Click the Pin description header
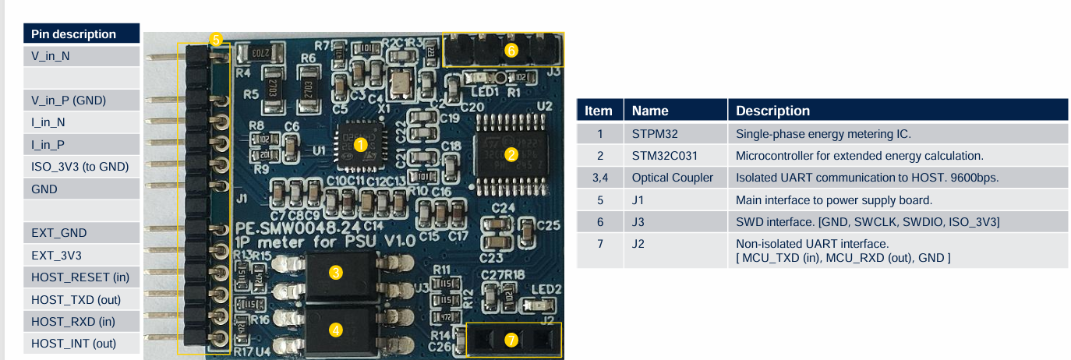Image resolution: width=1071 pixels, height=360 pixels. (73, 34)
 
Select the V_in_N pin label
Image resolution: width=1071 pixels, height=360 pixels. (51, 56)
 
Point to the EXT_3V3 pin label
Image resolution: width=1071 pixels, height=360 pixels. (56, 255)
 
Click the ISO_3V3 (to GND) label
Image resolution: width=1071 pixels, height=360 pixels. (80, 166)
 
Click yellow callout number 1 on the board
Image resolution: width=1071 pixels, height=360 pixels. (360, 144)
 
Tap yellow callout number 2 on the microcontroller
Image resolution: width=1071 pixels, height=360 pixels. (511, 154)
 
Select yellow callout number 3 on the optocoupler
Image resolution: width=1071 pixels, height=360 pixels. (336, 272)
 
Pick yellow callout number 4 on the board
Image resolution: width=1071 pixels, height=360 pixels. (336, 330)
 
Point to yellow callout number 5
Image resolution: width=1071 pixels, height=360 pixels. (216, 39)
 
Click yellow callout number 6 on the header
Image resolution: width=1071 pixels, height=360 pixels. (511, 50)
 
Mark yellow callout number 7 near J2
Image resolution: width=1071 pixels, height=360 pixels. (511, 341)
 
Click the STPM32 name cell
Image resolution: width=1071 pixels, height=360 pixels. (649, 133)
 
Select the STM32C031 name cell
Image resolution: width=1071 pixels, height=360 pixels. (659, 155)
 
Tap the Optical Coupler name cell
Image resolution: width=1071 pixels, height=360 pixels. (672, 178)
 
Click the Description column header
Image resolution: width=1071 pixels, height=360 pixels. (772, 111)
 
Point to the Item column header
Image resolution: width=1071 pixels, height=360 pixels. (599, 111)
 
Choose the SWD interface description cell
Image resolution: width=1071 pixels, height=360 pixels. (868, 222)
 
